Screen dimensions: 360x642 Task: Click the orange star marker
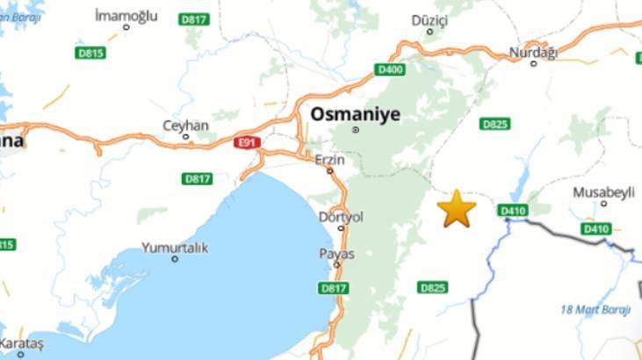457,209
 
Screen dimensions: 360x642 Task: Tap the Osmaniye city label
355,114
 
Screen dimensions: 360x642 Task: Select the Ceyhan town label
185,126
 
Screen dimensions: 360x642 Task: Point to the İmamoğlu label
126,15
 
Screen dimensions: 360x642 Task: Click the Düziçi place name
429,19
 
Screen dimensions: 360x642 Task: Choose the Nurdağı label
533,53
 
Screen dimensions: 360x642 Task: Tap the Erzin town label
329,159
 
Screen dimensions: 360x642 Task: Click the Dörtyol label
341,216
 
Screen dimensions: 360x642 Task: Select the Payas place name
336,254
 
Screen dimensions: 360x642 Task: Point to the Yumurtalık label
175,248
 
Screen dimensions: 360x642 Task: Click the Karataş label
21,342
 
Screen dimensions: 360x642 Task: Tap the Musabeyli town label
602,191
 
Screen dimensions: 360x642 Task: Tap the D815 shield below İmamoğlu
90,53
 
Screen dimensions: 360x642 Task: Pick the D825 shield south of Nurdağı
494,124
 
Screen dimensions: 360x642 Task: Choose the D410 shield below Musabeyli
595,229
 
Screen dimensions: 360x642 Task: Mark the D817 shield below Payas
334,287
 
